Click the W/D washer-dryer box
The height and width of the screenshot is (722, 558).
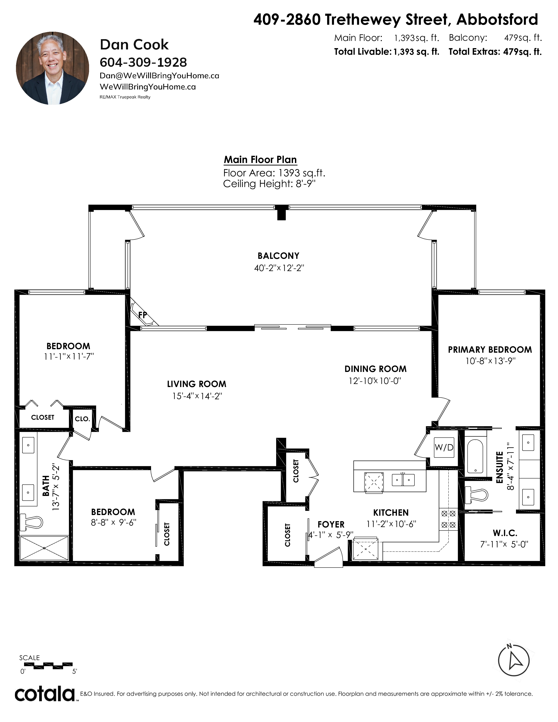[x=444, y=448]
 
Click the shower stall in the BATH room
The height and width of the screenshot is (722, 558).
[x=44, y=548]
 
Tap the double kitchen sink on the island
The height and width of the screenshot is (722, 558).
[x=403, y=480]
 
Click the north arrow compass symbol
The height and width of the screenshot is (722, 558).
[x=514, y=660]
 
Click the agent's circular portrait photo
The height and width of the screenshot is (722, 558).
[x=53, y=68]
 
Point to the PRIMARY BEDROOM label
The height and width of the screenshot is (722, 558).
[x=490, y=349]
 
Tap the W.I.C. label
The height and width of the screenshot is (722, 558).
[x=505, y=533]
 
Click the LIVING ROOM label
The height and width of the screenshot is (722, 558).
[x=197, y=384]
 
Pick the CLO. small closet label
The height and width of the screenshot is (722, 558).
[x=82, y=419]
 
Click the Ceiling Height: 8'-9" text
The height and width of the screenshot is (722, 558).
[x=269, y=184]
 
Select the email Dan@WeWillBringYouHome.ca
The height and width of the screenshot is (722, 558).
[x=159, y=76]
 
